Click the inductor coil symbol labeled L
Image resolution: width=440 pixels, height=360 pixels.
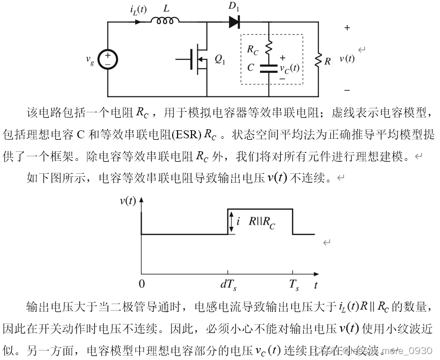165,20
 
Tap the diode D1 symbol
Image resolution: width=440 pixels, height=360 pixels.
234,22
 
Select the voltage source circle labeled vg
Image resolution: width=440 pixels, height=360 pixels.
108,59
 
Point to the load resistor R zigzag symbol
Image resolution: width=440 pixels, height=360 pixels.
318,60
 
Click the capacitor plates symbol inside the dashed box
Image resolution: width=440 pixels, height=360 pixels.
268,68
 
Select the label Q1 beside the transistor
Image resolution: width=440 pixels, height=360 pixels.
220,59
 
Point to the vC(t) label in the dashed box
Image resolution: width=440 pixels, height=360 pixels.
290,68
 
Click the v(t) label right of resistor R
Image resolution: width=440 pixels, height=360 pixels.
347,58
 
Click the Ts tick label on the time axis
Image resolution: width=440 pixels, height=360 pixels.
294,286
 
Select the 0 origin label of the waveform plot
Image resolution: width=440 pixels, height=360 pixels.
142,285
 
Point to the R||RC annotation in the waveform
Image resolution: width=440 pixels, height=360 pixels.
262,222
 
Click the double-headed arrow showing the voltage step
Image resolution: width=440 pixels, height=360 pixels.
231,222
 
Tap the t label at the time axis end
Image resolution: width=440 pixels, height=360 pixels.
316,286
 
